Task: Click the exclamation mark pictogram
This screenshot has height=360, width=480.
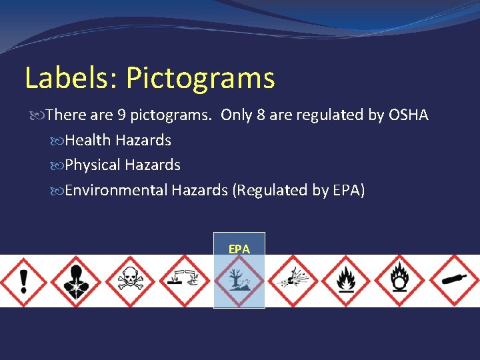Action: click(x=24, y=281)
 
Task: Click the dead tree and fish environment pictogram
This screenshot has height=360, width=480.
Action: click(x=239, y=281)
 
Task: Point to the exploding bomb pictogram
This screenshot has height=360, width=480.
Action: click(x=291, y=281)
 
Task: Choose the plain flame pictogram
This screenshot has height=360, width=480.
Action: click(x=345, y=281)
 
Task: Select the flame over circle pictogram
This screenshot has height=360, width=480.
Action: click(x=400, y=281)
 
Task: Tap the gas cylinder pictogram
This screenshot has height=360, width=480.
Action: click(x=453, y=281)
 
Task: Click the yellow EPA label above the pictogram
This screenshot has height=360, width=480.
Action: click(x=239, y=249)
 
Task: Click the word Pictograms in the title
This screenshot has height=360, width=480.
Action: click(x=200, y=79)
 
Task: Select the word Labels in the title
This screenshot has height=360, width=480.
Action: click(x=70, y=79)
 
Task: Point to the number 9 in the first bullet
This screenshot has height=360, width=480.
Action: click(x=121, y=115)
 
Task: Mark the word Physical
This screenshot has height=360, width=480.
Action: click(x=93, y=165)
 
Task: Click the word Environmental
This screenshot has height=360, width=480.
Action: click(x=116, y=191)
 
